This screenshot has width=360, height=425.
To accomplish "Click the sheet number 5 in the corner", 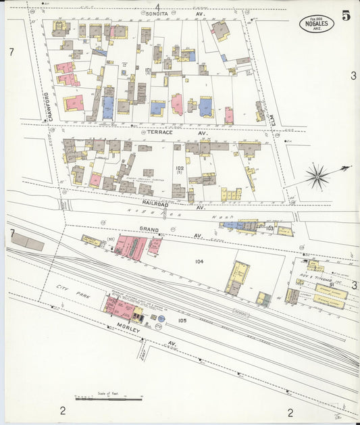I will pos(345,16).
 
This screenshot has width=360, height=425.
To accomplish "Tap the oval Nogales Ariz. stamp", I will pos(316,24).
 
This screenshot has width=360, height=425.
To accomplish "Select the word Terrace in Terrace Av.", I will pos(161,132).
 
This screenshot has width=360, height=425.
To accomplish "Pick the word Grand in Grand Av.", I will pos(149,230).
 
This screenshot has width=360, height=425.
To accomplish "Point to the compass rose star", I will pos(317,178).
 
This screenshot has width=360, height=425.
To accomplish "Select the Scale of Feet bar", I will pos(108,399).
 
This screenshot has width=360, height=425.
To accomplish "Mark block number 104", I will pos(199,261).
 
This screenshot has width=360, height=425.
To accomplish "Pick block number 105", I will pos(182,320).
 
